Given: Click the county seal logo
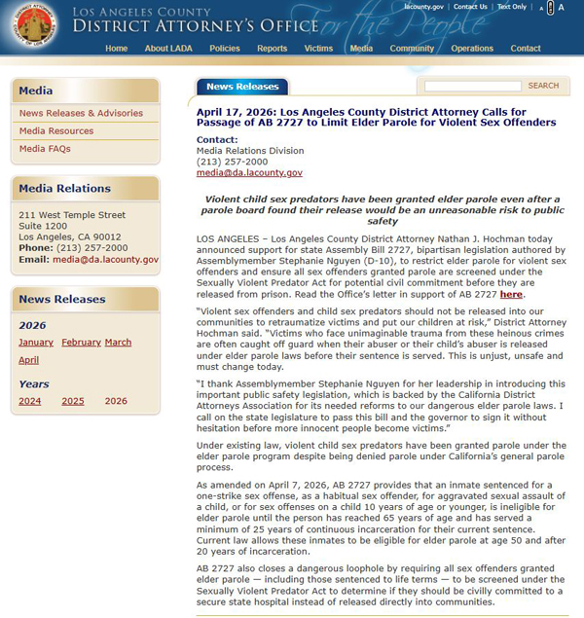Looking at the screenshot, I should coord(35,27).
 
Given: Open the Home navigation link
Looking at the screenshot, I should coord(116,49).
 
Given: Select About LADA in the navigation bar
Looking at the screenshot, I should coord(168,49).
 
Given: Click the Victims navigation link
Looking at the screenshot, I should coord(318,49).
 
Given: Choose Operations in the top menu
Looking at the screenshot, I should coord(472,49).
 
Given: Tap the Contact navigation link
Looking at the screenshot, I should coord(526,49).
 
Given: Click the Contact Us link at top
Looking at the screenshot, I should coord(470,7).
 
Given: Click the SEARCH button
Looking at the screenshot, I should coord(543,86).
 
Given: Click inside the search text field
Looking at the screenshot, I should coord(472,86).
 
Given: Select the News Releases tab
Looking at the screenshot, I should coord(242,87).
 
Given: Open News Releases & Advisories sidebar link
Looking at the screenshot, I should coord(81,114).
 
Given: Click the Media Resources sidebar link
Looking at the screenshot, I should coord(56,131).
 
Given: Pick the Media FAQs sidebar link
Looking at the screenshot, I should coord(45,149).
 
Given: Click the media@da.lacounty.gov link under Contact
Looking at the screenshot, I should coord(249,172).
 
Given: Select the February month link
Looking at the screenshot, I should coord(81,343).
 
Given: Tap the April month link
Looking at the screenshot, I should coord(29,360).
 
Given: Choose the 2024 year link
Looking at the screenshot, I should coord(30,401).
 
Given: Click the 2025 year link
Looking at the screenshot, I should coord(73,401).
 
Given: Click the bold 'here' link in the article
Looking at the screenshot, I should coord(511,294).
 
